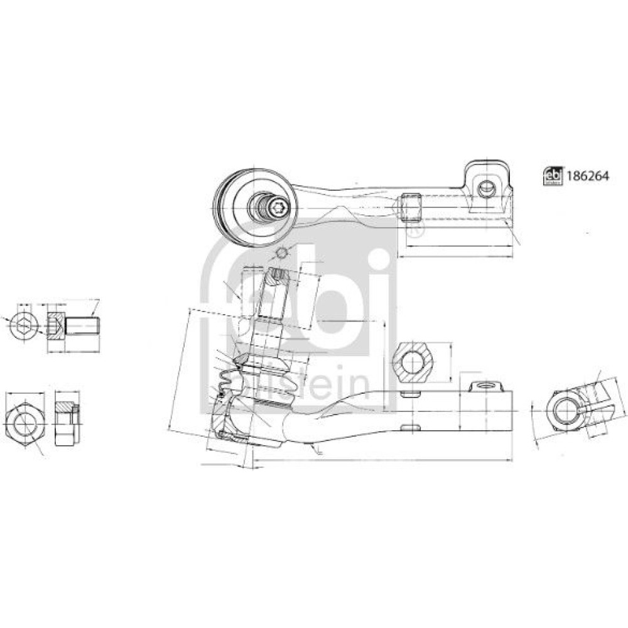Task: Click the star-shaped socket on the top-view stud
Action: point(277,207)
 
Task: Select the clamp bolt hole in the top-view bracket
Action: point(486,187)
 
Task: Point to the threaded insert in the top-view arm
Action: point(410,207)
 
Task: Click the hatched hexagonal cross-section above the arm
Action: point(413,362)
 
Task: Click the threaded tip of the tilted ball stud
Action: point(278,276)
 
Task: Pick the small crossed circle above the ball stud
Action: point(283,252)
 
